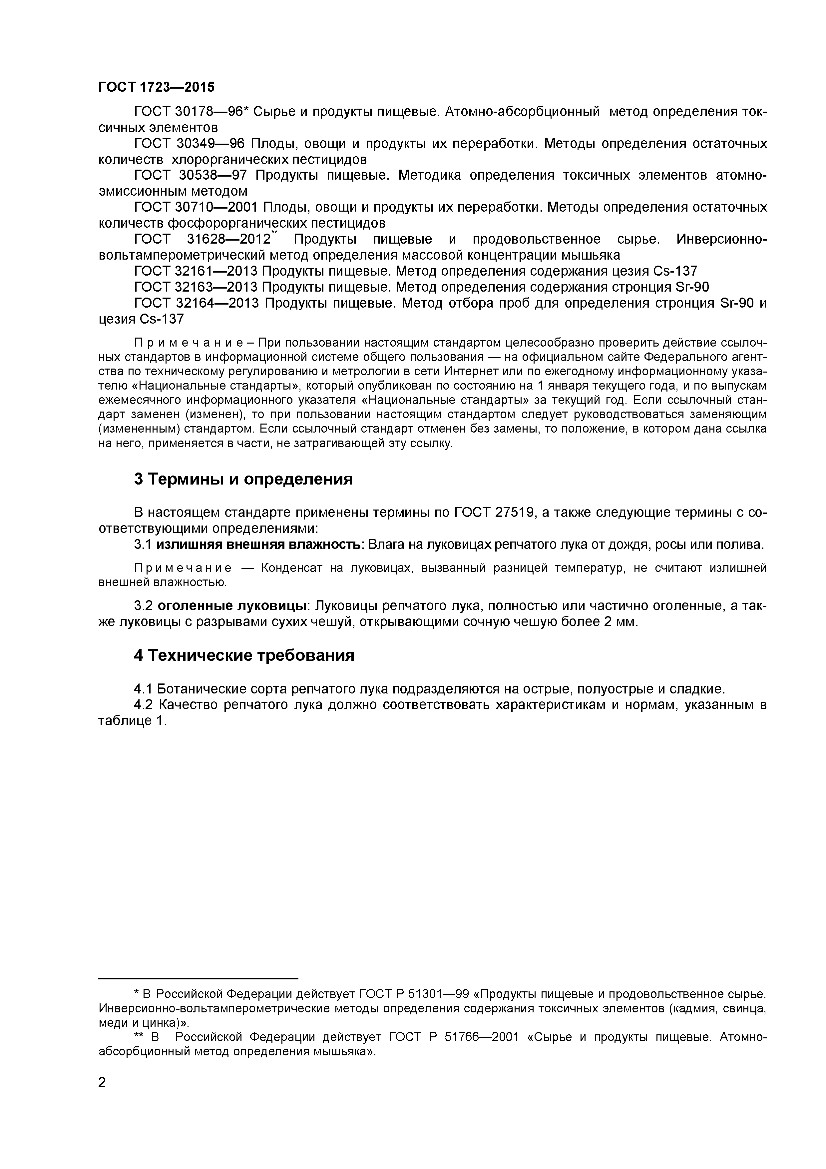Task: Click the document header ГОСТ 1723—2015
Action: point(156,87)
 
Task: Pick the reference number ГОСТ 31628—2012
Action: point(203,239)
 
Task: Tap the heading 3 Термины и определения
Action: point(243,479)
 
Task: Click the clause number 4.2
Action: point(144,705)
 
